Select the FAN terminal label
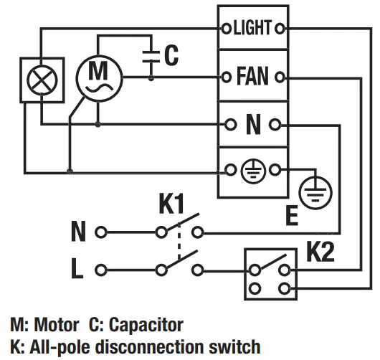tap(252, 76)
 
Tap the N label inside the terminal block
tap(252, 125)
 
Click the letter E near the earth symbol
tap(291, 215)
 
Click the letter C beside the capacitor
tap(171, 56)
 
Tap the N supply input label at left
tap(79, 232)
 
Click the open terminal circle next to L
tap(100, 270)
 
